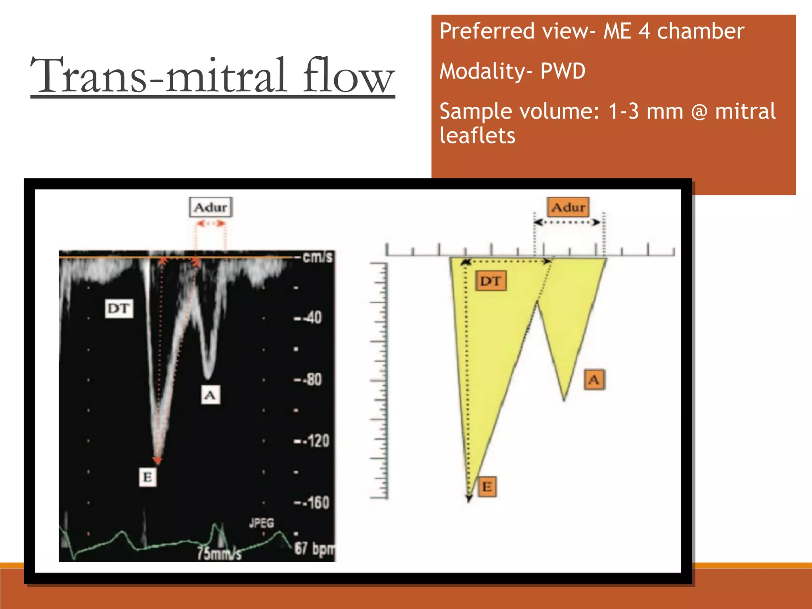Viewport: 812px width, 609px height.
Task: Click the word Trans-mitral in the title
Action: tap(159, 75)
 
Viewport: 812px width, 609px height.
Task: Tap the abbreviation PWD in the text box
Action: tap(563, 71)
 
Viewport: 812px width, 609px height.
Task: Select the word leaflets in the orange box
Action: tap(477, 136)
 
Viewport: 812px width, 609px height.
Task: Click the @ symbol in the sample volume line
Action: tap(699, 111)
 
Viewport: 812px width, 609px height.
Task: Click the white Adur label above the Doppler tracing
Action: tap(211, 207)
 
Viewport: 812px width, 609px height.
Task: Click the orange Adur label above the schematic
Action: tap(568, 207)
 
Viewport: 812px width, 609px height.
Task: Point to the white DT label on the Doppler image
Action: tap(119, 308)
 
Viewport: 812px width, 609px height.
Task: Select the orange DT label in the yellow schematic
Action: tap(490, 281)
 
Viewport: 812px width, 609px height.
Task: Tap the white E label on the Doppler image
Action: tap(147, 477)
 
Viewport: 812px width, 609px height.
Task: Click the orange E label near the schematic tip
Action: tap(487, 486)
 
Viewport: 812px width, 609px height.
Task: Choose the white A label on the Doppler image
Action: tap(210, 395)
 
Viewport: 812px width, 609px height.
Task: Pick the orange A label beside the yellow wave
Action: tap(594, 380)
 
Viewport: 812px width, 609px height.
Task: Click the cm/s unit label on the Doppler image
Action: tap(317, 257)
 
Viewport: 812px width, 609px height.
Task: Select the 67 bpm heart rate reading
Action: tap(314, 549)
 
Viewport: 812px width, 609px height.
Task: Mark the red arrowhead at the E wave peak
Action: tap(158, 460)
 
